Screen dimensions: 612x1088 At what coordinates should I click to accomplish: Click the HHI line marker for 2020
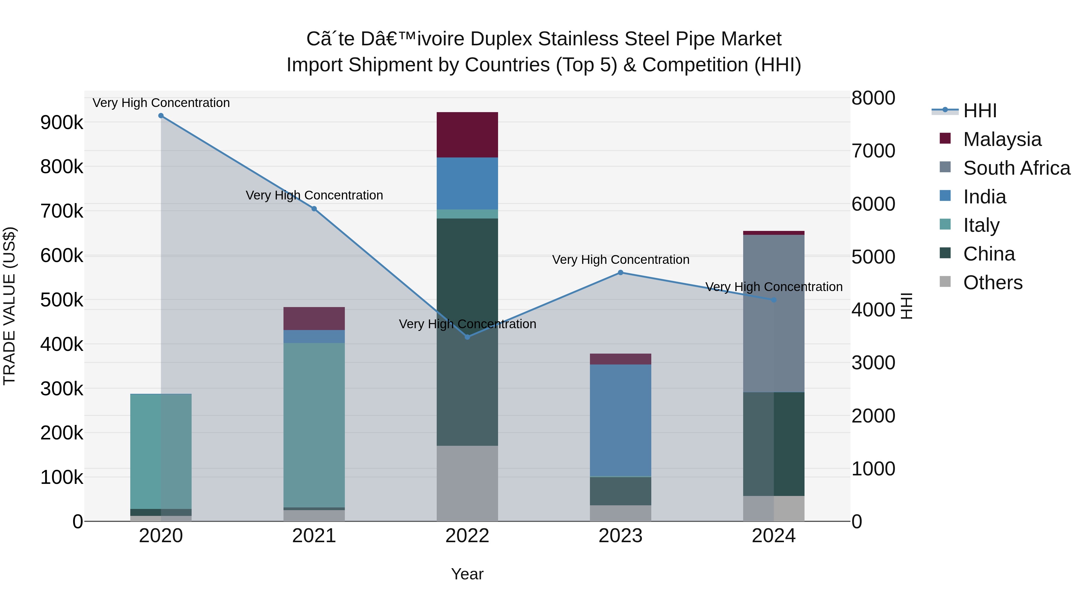point(161,116)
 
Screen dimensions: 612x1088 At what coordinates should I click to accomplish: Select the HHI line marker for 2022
point(467,337)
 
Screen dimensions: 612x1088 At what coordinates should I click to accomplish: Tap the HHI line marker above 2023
point(620,273)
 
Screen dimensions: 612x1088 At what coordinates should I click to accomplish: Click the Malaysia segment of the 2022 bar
point(467,135)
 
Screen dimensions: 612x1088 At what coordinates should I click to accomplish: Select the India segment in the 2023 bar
point(620,420)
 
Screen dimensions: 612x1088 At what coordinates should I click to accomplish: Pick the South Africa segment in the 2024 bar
point(774,313)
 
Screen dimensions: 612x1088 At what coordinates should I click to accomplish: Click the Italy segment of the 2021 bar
point(314,425)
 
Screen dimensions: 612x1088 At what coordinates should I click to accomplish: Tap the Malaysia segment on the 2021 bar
point(314,319)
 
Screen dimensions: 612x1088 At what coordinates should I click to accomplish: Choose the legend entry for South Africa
point(1017,168)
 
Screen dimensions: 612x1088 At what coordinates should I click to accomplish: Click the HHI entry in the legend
point(980,111)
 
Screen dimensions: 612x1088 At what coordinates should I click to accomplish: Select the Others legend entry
point(992,283)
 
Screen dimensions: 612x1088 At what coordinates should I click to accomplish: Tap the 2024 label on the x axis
point(773,536)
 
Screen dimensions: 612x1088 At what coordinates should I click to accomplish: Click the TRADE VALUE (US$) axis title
point(10,306)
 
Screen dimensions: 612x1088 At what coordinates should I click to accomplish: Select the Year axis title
point(467,574)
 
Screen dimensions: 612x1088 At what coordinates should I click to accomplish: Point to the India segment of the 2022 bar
point(467,184)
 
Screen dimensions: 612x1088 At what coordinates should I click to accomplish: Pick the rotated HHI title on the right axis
point(906,306)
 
